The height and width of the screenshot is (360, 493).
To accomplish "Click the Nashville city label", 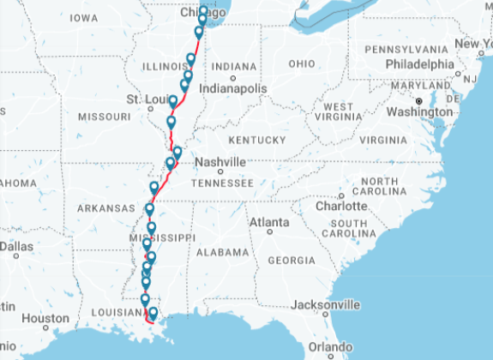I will coord(219,162).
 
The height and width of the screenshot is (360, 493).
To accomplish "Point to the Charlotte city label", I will coord(341,207).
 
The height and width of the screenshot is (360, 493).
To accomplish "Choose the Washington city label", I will coord(418,111).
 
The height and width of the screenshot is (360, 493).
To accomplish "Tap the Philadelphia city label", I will coord(420,63).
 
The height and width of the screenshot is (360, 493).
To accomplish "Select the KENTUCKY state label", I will coord(256,140).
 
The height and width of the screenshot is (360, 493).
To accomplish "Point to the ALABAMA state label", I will coord(222,253).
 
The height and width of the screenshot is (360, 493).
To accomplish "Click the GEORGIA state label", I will coord(292,260).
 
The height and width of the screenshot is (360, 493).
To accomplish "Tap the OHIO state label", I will coord(302,63).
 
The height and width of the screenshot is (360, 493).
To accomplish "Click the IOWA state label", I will coord(83,17).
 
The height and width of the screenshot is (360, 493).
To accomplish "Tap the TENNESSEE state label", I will coord(222,183).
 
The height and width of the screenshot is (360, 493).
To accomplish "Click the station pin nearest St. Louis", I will coord(173,103).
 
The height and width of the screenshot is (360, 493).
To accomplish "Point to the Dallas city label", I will coord(15,246).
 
